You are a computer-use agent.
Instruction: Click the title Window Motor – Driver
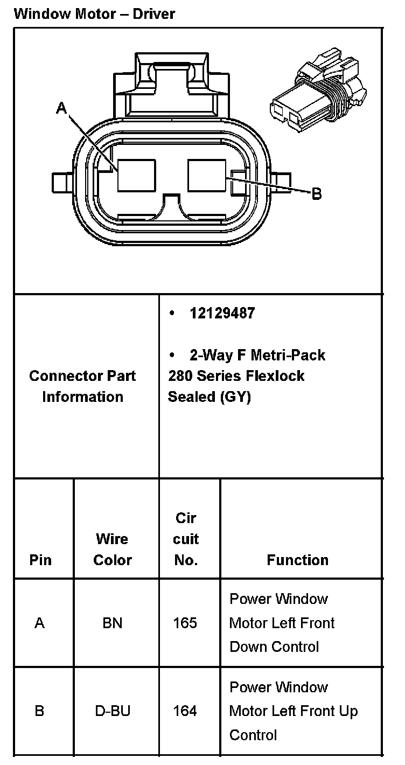tap(94, 13)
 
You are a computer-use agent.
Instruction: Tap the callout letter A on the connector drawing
tap(62, 109)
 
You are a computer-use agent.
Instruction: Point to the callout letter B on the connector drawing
tap(317, 193)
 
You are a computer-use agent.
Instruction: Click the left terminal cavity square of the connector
tap(137, 176)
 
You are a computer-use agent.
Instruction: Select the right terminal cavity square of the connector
tap(207, 176)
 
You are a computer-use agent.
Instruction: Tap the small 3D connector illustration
tap(316, 95)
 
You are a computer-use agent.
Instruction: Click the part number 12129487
tap(222, 314)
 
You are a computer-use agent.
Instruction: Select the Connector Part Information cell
tap(82, 386)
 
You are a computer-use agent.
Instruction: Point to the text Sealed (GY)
tap(210, 397)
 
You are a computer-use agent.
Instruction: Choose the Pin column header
tap(40, 560)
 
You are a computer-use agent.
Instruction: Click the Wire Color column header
tap(113, 550)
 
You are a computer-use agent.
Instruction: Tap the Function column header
tap(297, 560)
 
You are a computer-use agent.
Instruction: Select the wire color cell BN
tap(113, 623)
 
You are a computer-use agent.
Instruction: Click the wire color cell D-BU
tap(113, 711)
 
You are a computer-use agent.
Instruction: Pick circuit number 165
tap(185, 623)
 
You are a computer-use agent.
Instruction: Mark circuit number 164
tap(185, 711)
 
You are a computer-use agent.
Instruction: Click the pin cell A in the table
tap(39, 623)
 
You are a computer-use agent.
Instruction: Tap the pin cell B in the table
tap(39, 711)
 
